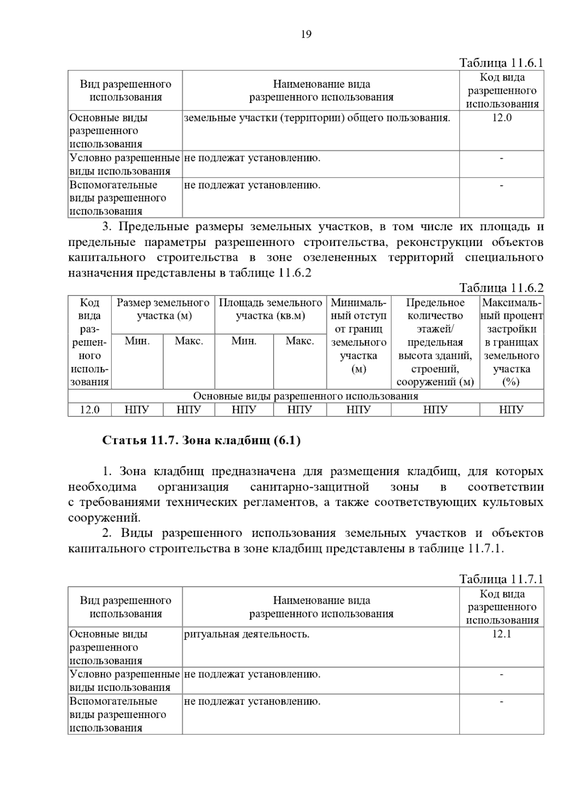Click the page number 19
pos(306,34)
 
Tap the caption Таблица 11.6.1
pos(501,63)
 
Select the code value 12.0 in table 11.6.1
pos(502,118)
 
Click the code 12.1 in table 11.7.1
pos(502,634)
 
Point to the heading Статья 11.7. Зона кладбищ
pos(201,441)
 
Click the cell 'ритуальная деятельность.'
pos(246,634)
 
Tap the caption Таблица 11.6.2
pos(501,287)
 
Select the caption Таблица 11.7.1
pos(501,579)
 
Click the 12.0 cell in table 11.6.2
pos(89,410)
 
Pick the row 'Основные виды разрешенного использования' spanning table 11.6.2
pos(305,396)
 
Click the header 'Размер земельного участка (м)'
pos(163,309)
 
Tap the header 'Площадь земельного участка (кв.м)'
pos(270,309)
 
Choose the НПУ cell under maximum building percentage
pos(512,410)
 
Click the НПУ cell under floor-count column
pos(435,410)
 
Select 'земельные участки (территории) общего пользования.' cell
pos(317,118)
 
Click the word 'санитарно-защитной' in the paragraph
pos(310,487)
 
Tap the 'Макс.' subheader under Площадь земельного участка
pos(299,341)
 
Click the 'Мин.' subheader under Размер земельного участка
pos(137,341)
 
